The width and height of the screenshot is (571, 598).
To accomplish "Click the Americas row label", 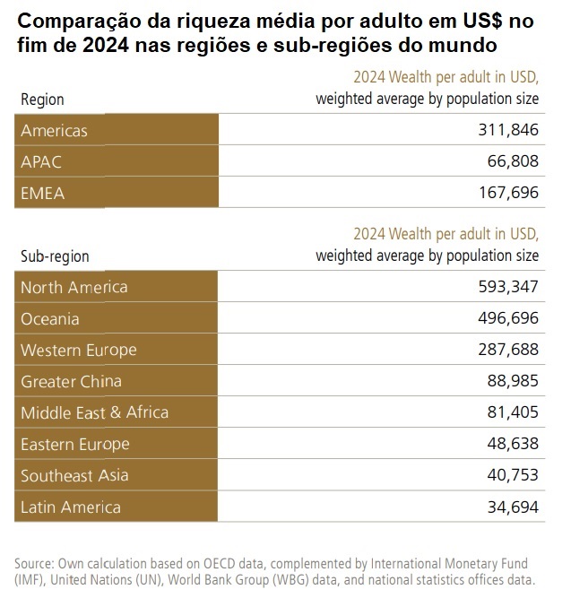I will pos(54,131).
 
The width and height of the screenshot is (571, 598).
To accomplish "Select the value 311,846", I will pos(507,131).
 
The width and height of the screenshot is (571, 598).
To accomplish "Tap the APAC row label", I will pos(41,162).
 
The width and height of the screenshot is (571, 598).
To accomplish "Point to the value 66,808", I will pos(513,162).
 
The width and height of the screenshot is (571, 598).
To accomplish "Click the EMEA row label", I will pos(43,193).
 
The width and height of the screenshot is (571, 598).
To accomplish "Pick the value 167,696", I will pos(507,193).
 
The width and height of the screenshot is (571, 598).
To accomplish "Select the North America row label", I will pos(74,287).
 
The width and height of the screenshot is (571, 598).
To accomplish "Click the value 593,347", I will pos(507,287).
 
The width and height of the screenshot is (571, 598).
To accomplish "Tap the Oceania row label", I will pos(50,318).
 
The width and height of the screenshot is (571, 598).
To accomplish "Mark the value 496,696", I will pos(507,318).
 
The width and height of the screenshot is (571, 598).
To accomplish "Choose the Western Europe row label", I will pos(79,350).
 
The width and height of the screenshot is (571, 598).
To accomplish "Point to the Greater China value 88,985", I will pos(513,381).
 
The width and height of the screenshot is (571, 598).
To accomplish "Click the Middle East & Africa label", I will pos(94,412).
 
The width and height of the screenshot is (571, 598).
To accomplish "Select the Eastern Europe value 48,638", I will pos(513,444).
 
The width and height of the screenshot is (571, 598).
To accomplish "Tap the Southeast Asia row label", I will pos(74,475).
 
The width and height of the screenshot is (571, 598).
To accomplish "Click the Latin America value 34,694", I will pos(513,507).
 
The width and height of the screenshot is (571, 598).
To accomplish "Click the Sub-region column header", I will pos(55,256).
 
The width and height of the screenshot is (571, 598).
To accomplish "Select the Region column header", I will pos(42,100).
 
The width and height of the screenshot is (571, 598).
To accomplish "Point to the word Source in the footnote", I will pos(34,563).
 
